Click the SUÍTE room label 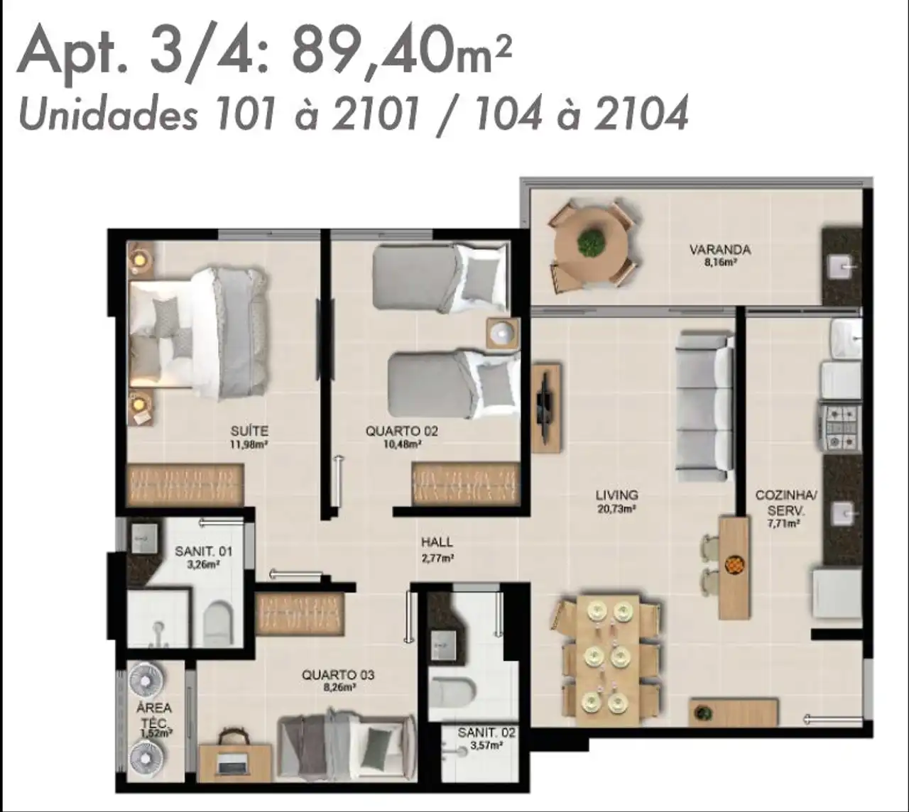pos(249,432)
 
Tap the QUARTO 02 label pos(401,432)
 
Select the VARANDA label pos(720,249)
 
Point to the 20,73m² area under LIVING pos(617,509)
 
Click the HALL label pos(437,542)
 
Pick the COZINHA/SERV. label pos(786,503)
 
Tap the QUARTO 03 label pos(338,675)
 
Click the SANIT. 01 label pos(204,551)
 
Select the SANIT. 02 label pos(486,733)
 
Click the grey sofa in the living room pos(705,406)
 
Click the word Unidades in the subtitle pos(108,114)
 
